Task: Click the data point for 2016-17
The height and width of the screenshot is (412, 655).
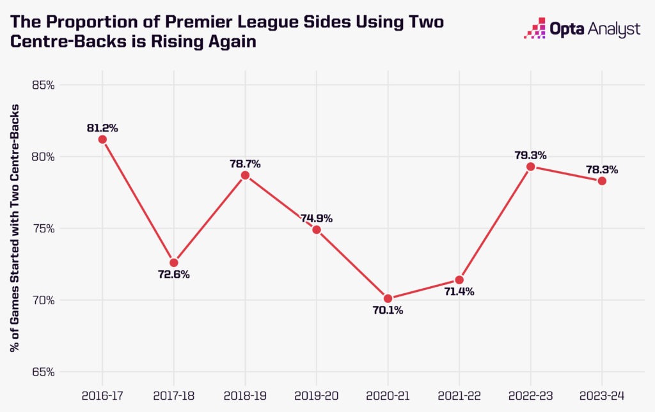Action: click(x=102, y=139)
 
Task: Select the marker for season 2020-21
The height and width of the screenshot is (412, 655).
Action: click(x=388, y=298)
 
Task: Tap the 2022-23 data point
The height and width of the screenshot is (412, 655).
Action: click(x=530, y=167)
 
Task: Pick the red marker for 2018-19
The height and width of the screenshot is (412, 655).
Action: click(x=245, y=175)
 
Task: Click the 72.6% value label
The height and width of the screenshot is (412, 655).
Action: click(x=174, y=275)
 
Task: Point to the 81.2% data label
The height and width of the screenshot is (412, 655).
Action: click(x=102, y=128)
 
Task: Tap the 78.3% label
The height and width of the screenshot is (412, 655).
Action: click(x=601, y=170)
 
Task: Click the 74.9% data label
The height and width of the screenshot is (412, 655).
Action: click(x=317, y=218)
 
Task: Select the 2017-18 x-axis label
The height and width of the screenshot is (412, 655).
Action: click(x=174, y=395)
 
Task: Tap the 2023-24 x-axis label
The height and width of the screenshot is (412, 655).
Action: click(x=601, y=395)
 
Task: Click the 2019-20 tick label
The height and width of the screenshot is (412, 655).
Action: click(x=317, y=395)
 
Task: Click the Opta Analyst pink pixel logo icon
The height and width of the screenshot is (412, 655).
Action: click(x=535, y=29)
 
